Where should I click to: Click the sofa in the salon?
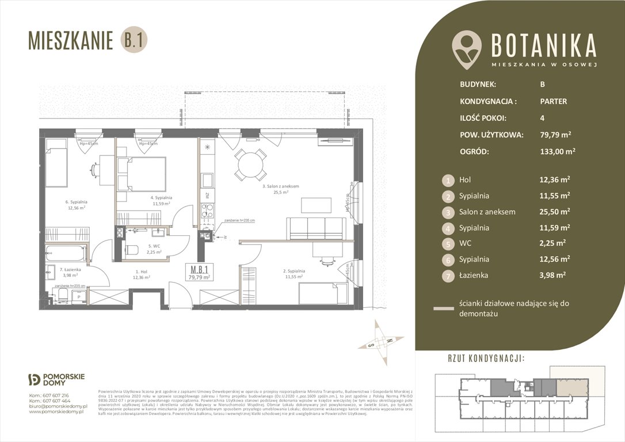pos(317,228)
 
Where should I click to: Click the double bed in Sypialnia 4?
pos(142,173)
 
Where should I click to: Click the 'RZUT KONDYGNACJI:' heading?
pos(486,359)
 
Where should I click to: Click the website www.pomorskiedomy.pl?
pos(57,411)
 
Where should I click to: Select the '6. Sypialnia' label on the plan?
pos(76,202)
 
